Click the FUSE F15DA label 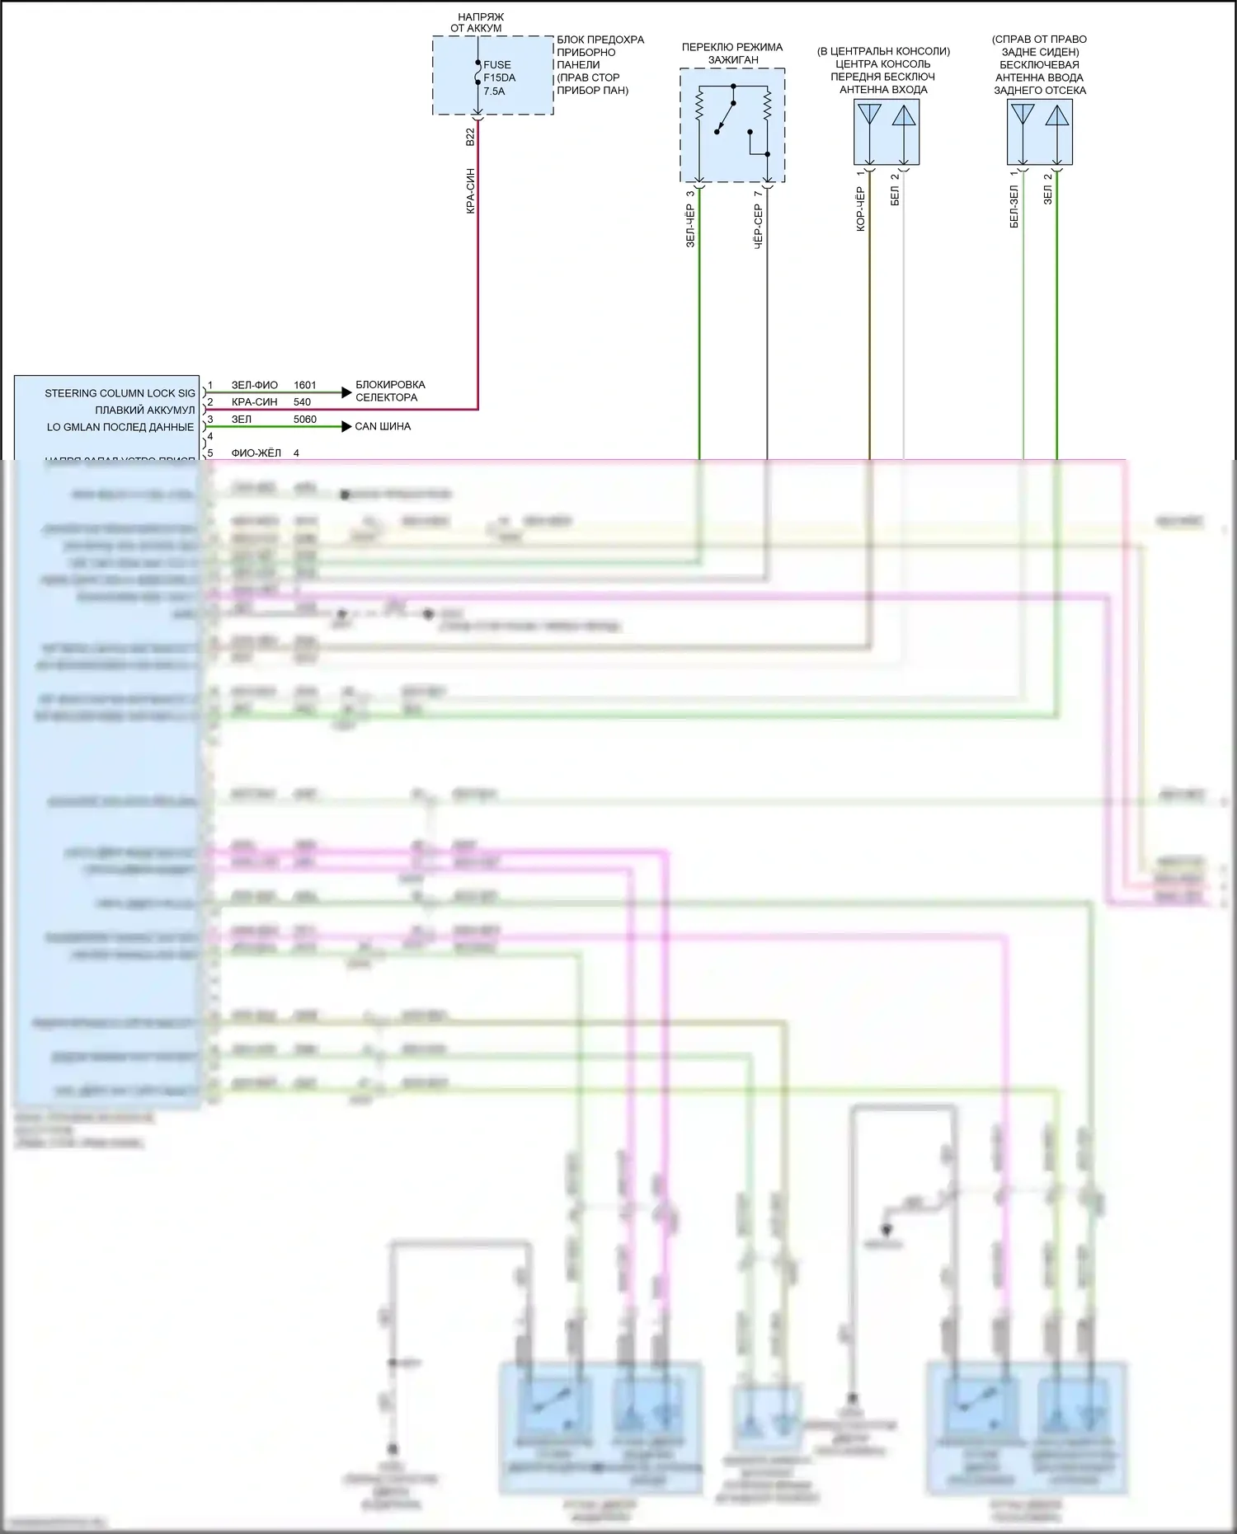[498, 71]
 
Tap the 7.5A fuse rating [494, 91]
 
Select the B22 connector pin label [470, 137]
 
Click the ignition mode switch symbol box [732, 125]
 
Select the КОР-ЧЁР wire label [860, 209]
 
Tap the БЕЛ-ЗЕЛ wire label [1014, 206]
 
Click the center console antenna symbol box [887, 132]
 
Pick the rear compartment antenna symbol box [1040, 132]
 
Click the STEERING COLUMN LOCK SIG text [120, 393]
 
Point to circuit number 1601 [305, 385]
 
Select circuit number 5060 [305, 420]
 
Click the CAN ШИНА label [383, 426]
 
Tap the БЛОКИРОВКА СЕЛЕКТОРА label [390, 391]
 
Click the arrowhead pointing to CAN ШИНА [347, 426]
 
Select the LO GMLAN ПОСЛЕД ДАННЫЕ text [120, 427]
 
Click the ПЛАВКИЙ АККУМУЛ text [144, 410]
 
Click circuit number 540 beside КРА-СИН [302, 402]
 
